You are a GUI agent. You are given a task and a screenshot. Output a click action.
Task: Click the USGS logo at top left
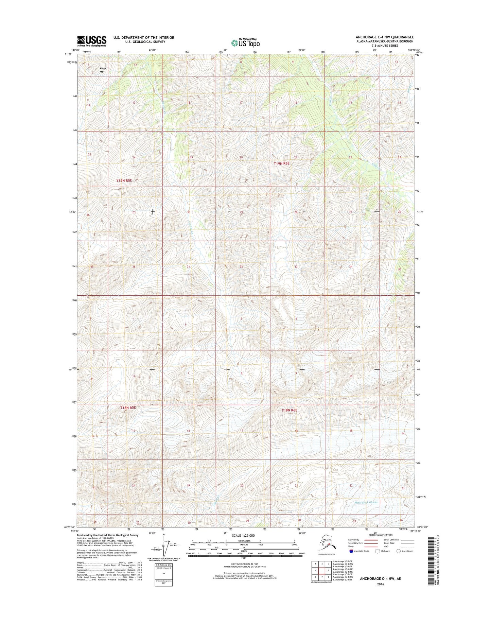(91, 41)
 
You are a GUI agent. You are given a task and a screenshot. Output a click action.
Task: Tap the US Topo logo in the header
(245, 43)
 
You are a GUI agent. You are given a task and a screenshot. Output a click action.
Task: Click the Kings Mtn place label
(103, 70)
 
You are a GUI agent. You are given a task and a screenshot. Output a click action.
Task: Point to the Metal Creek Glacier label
(366, 502)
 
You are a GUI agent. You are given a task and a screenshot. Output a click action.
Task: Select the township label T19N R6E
(282, 163)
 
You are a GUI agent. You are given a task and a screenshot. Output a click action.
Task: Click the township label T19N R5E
(124, 180)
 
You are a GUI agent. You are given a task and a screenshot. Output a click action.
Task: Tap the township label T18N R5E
(128, 407)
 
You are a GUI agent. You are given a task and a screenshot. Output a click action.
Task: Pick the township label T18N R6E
(289, 410)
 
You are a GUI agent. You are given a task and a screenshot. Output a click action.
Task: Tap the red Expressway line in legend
(371, 540)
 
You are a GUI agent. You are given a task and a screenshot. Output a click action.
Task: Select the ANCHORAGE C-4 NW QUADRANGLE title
(385, 37)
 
